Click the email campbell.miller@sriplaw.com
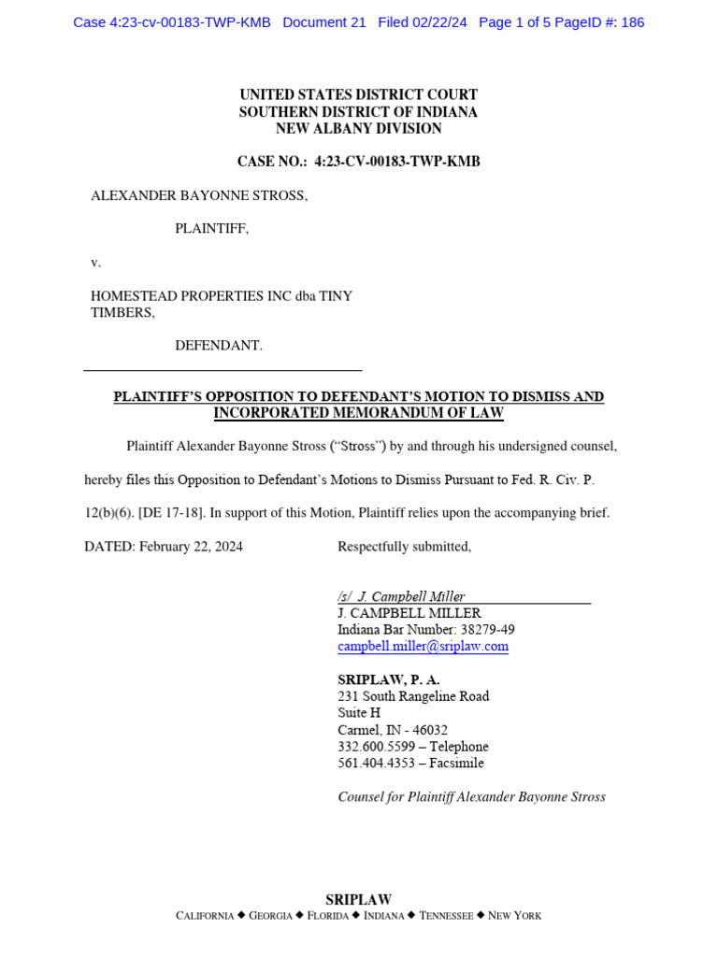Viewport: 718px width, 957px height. tap(423, 647)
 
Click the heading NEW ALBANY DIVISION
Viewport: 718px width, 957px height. tap(359, 129)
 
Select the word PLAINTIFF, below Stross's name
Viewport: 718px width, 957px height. tap(212, 229)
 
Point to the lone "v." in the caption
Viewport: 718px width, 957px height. tap(95, 263)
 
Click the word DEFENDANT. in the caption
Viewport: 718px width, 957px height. tap(219, 346)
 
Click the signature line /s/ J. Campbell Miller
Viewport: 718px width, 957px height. tap(402, 596)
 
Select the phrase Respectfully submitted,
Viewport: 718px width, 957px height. tap(404, 547)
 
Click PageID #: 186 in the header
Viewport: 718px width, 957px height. tap(599, 22)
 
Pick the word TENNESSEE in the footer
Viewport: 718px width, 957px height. tap(446, 916)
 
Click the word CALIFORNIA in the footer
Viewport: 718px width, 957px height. tap(205, 916)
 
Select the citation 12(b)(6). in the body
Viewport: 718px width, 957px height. tap(108, 513)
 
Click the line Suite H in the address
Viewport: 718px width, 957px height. tap(359, 713)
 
